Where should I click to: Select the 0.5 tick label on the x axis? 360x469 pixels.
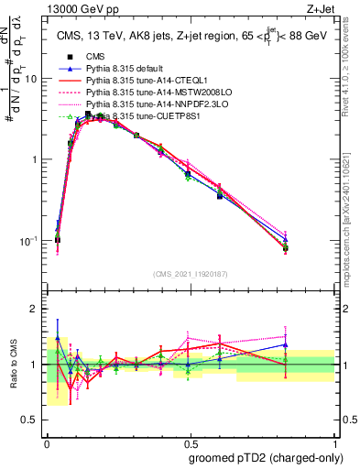pos(191,441)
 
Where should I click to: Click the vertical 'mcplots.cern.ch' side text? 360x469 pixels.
pos(352,229)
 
